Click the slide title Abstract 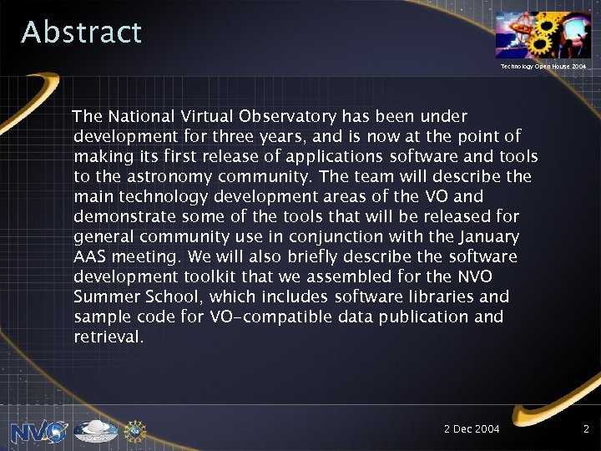(82, 33)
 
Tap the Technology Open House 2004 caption (543, 65)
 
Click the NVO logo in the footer (38, 430)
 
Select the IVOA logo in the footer (95, 431)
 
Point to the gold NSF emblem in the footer (134, 430)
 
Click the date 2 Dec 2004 (472, 429)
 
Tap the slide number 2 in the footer (586, 429)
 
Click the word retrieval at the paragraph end (109, 337)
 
